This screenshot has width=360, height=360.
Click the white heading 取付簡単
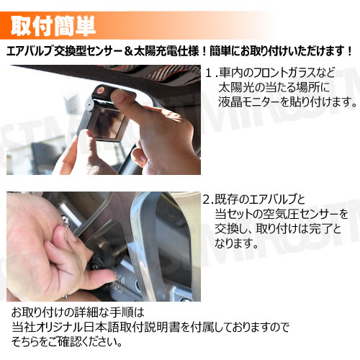click(x=53, y=26)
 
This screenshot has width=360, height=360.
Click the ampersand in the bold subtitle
click(x=129, y=51)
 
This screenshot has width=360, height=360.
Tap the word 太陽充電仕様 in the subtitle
click(x=166, y=51)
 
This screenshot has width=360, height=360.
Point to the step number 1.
click(x=210, y=73)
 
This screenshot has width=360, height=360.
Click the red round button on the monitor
click(x=100, y=90)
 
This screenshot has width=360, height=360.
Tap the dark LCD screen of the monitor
click(x=109, y=123)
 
